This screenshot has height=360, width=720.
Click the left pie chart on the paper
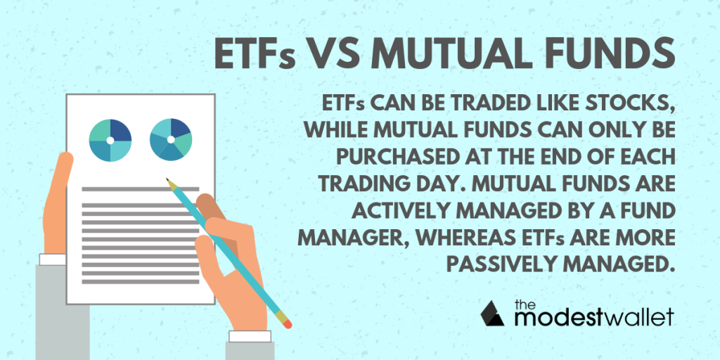point(110,140)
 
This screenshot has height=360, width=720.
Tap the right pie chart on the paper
point(171,140)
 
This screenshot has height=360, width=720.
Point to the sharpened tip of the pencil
point(168,180)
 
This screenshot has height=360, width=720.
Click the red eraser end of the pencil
point(288,325)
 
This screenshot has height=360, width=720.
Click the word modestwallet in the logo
point(593,317)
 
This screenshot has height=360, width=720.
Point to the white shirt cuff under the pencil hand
point(250,337)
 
